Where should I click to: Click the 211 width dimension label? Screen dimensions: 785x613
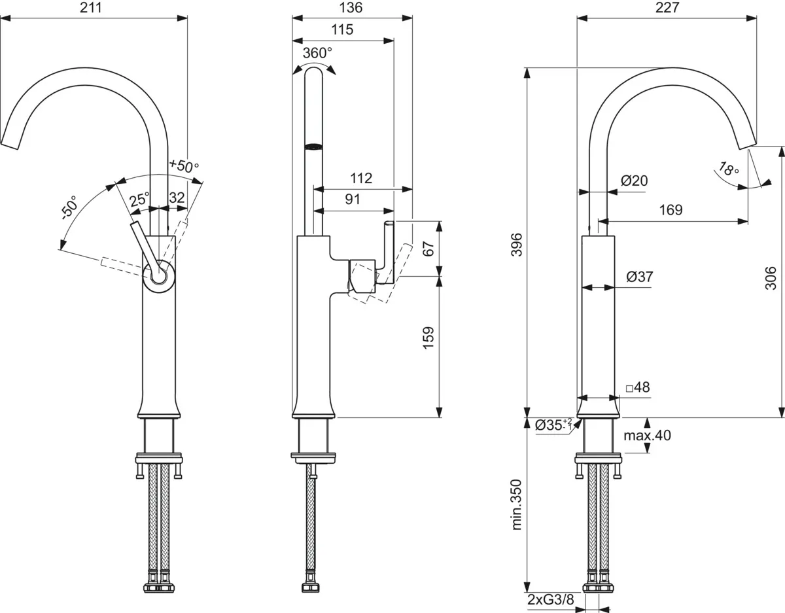(x=91, y=8)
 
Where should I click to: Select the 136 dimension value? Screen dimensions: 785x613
(x=351, y=8)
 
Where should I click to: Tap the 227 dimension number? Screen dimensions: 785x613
(x=667, y=8)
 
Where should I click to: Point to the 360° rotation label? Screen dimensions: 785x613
(x=317, y=53)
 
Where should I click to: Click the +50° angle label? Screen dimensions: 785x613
(x=184, y=166)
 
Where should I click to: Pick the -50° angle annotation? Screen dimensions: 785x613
(x=69, y=208)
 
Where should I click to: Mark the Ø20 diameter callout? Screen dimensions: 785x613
(x=635, y=181)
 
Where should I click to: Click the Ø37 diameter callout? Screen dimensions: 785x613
(x=640, y=277)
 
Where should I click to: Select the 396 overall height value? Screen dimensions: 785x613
(x=517, y=245)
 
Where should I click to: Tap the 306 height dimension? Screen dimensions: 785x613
(x=771, y=278)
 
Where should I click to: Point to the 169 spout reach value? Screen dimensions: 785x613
(x=671, y=210)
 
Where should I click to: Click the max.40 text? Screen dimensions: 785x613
(x=648, y=435)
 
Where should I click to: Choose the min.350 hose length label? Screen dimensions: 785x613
(x=517, y=504)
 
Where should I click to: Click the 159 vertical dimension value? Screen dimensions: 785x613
(x=428, y=338)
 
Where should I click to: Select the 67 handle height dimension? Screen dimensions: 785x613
(x=428, y=249)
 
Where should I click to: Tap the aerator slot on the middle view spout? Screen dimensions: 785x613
(x=313, y=147)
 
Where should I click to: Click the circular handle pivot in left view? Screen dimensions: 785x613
(x=158, y=277)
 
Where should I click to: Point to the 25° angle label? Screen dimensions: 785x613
(x=139, y=200)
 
